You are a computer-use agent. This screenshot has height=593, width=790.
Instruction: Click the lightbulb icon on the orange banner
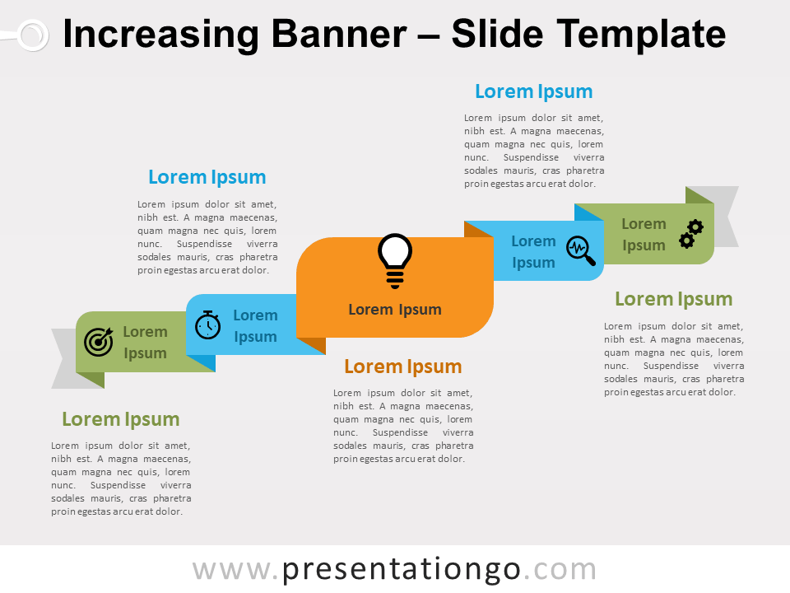395,261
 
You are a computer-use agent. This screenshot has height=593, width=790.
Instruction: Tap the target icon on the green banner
99,342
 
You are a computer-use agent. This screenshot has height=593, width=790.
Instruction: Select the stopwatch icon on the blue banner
207,325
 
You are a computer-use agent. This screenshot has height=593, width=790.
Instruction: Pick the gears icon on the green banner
691,234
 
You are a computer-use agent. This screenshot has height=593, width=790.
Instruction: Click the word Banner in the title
339,35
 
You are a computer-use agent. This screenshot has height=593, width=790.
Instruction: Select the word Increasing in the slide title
160,35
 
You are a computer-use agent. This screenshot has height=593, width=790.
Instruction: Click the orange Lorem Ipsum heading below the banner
403,367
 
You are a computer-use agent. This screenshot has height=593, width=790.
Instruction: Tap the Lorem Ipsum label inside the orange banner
395,309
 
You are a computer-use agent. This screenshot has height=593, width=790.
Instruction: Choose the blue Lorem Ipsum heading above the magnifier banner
534,91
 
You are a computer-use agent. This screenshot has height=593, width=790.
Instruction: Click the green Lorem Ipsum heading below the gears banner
674,299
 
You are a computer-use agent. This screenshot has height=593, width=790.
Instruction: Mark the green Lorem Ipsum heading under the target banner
121,419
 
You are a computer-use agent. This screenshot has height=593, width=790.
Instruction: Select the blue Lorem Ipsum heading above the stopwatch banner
207,178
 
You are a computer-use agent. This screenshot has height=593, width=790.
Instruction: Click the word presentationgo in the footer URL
401,570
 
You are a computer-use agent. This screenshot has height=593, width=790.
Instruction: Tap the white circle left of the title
33,35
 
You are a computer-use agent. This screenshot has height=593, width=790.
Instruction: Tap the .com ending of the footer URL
560,570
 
